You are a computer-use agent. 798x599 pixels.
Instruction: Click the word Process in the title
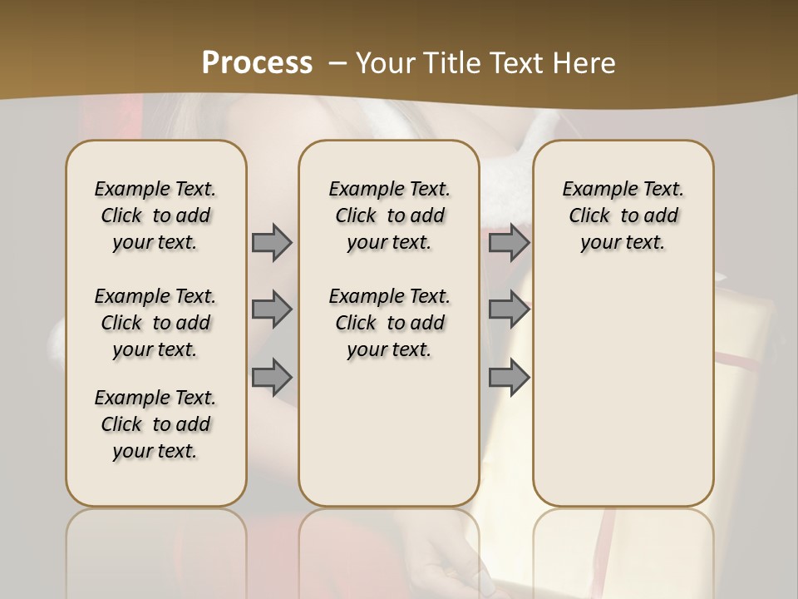coord(257,62)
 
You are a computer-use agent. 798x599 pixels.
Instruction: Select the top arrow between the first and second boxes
coord(272,242)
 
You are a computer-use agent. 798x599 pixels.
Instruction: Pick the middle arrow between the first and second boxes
coord(272,309)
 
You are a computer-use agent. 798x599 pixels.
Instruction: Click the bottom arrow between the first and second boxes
coord(272,377)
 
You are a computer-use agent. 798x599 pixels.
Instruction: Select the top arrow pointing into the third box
coord(509,242)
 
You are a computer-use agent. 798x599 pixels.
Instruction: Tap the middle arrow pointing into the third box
coord(509,309)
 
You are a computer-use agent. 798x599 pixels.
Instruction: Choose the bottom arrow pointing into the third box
coord(509,377)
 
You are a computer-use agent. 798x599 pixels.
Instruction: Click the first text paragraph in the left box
coord(155,215)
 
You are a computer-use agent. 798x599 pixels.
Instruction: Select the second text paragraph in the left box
coord(155,323)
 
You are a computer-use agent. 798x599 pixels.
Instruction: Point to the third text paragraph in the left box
coord(155,424)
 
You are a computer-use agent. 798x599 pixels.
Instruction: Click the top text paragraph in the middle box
coord(389,215)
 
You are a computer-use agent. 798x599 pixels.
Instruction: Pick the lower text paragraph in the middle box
coord(389,323)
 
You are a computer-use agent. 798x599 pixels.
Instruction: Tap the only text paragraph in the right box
coord(623,215)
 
